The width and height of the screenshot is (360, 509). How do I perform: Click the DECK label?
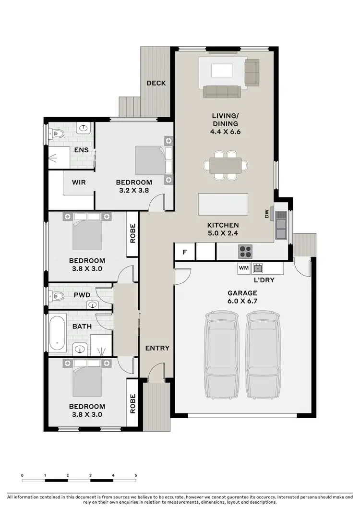pos(156,83)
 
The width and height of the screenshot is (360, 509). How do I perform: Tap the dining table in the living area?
pos(226,165)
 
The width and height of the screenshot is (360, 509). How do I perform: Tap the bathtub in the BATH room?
pos(58,333)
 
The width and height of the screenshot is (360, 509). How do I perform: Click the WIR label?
pos(79,182)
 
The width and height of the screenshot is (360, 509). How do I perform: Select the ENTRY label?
pos(157,348)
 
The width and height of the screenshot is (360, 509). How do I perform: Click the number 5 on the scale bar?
pos(136,475)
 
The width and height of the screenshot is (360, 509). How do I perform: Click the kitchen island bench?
pos(223,204)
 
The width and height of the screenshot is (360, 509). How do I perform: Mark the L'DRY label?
pos(264,279)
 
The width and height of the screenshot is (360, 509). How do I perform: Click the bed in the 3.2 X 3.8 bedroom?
pos(153,160)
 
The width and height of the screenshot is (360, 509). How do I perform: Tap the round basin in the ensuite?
pos(84,128)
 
